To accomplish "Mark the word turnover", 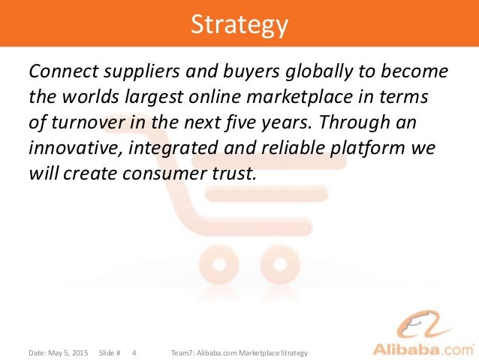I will [x=83, y=123].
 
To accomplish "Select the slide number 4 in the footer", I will [x=134, y=352].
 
